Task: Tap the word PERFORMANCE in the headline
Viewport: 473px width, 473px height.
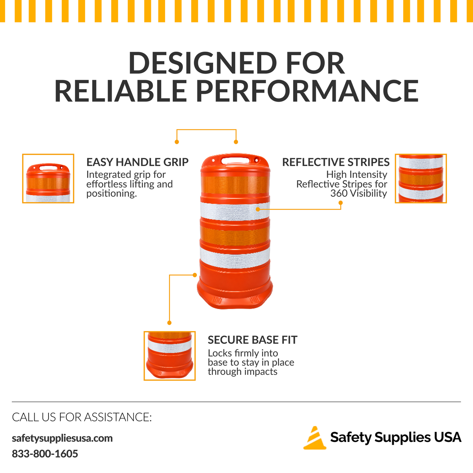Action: (x=307, y=91)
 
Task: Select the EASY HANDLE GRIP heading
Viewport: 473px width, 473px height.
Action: (x=138, y=162)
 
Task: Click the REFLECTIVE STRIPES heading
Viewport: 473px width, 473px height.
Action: (x=336, y=162)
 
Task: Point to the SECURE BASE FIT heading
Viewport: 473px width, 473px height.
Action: (x=253, y=340)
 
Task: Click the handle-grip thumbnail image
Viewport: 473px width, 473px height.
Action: (x=48, y=179)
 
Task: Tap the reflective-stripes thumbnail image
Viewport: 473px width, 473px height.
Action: (x=421, y=179)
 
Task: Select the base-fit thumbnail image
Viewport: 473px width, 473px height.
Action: (x=169, y=356)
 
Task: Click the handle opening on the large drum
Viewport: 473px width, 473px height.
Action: (x=235, y=160)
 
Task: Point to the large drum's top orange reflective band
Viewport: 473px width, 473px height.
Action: (x=235, y=185)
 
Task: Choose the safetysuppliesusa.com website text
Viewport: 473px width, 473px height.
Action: (x=62, y=438)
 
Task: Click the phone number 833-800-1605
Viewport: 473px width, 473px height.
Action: (x=45, y=454)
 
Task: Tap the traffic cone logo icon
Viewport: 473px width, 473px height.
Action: (x=315, y=438)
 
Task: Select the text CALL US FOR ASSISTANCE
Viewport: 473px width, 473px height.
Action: (x=82, y=417)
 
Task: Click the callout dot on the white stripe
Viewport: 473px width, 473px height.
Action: (x=258, y=209)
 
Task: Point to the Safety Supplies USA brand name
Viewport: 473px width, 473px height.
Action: (x=396, y=438)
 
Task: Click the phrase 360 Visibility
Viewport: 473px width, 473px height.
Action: (x=359, y=193)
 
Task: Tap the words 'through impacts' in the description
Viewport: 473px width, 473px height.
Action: (x=242, y=372)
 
